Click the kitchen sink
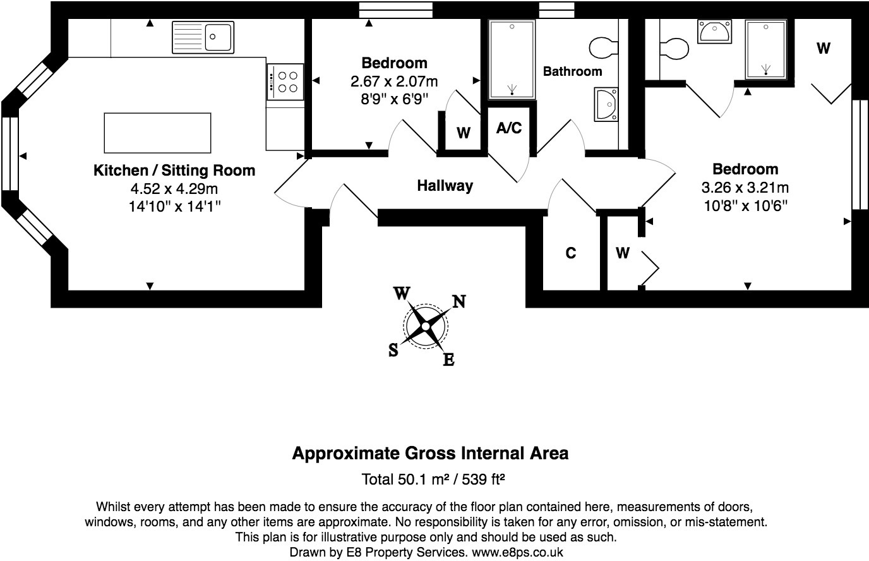(x=203, y=37)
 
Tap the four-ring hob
(x=285, y=82)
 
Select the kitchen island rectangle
(x=157, y=133)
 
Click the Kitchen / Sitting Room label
(x=174, y=170)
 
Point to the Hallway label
(x=445, y=186)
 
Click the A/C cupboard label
(x=509, y=128)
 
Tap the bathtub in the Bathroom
(x=512, y=59)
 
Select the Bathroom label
(x=572, y=71)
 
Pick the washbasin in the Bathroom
(x=606, y=104)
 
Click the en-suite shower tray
(x=766, y=49)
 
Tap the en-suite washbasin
(x=714, y=32)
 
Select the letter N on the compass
(x=458, y=301)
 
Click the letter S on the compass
(x=393, y=351)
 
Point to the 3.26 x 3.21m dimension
(x=745, y=188)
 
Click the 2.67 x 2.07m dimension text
(x=393, y=81)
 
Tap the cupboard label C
(x=570, y=253)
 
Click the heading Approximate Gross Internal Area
(x=430, y=453)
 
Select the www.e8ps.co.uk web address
(x=517, y=552)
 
